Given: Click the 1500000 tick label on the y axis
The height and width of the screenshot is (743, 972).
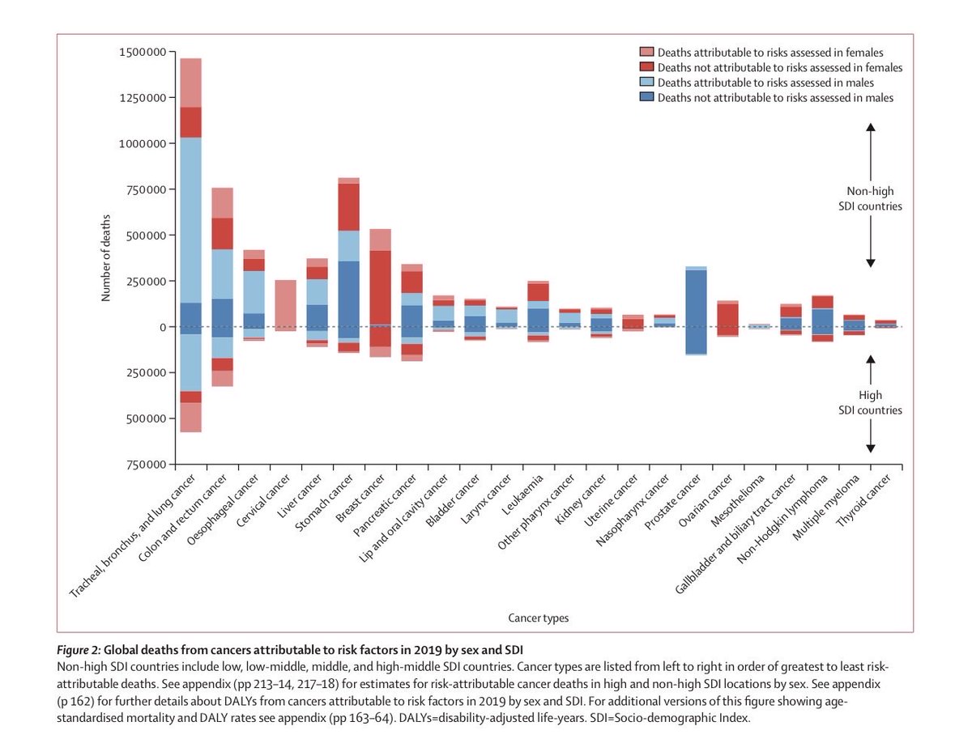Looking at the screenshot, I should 142,53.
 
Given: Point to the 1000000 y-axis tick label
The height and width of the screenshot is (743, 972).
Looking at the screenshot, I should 142,144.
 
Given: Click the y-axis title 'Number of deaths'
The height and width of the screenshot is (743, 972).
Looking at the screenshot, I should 106,257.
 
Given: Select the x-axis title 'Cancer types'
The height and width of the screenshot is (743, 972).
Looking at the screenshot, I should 539,618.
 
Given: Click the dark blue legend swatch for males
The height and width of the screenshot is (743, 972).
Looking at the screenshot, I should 646,98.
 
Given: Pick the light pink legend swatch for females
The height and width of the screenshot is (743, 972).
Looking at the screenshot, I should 646,53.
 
